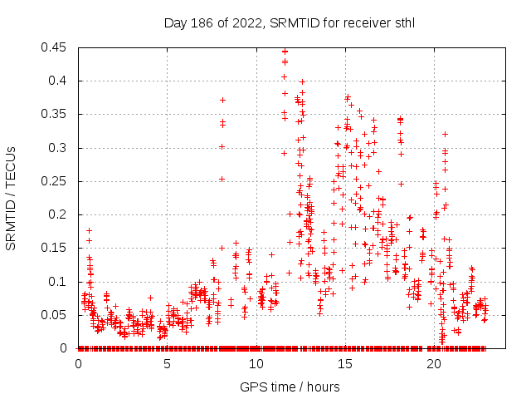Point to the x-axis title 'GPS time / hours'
[x=290, y=387]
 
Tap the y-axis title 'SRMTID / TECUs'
[x=11, y=198]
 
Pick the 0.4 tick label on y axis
[x=61, y=81]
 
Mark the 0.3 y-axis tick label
[x=61, y=148]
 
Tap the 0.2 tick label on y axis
[x=61, y=214]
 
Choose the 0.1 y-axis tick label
[x=61, y=282]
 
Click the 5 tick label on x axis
[x=167, y=363]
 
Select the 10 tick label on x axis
[x=256, y=363]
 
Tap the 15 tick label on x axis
[x=344, y=363]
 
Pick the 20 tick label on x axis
[x=433, y=363]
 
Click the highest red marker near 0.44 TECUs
[x=285, y=51]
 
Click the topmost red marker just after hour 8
[x=222, y=100]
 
